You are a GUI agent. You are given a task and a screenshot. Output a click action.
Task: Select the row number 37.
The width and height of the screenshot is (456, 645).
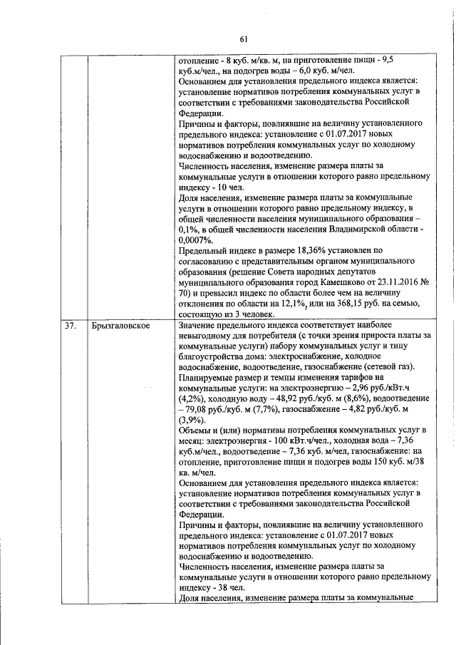(x=70, y=326)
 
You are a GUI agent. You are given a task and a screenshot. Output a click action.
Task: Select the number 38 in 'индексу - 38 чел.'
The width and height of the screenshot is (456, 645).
(x=220, y=588)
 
